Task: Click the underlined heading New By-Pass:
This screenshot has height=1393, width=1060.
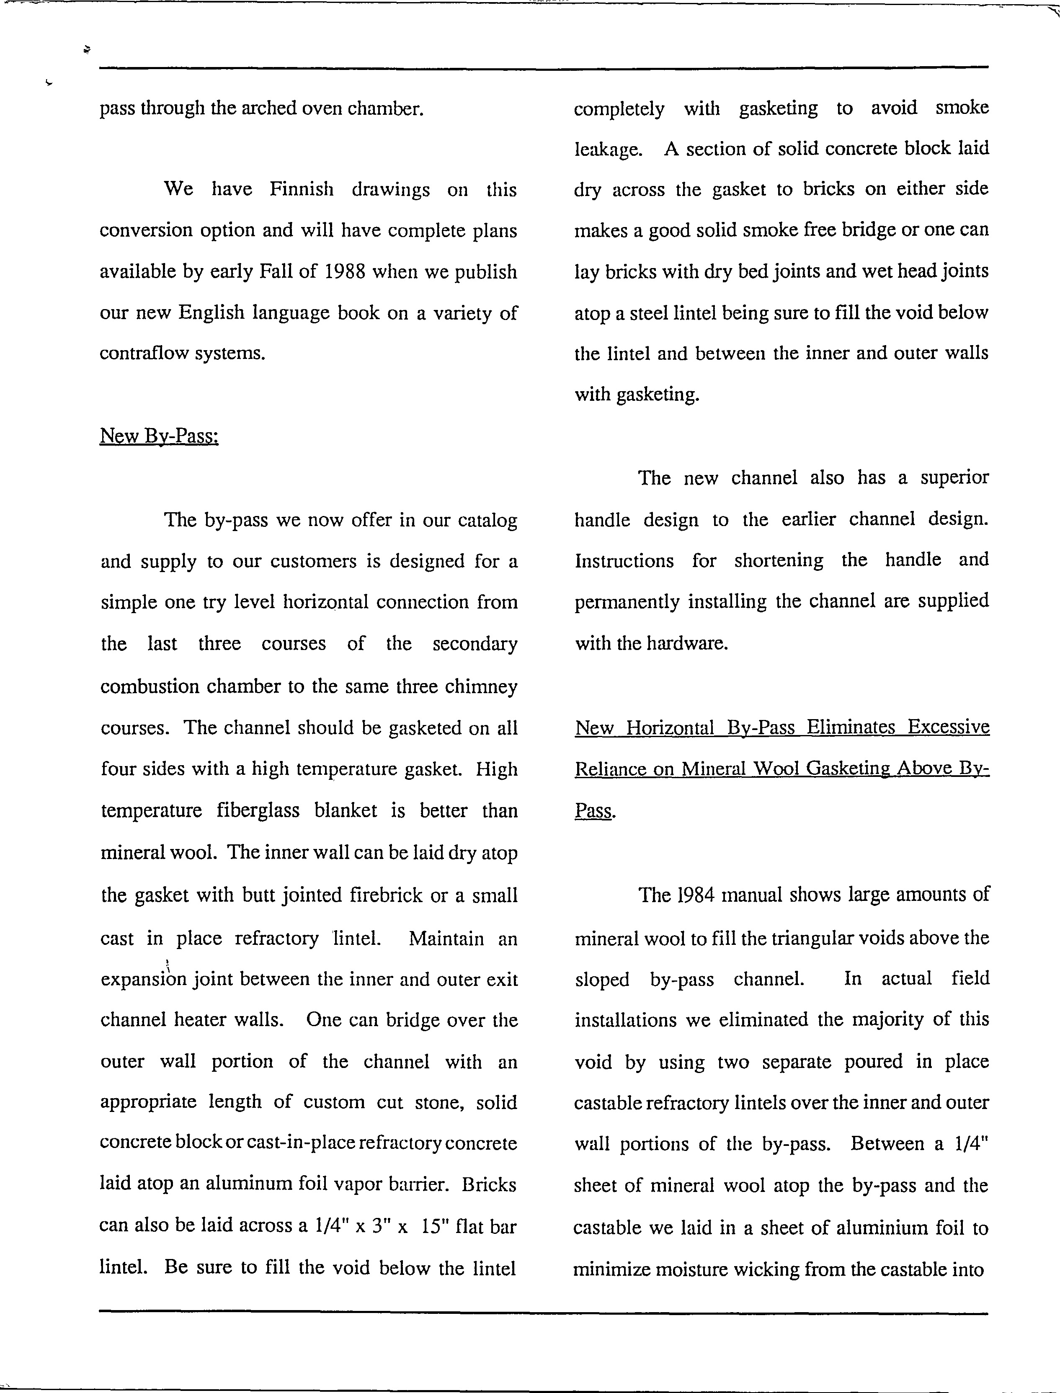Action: [x=159, y=436]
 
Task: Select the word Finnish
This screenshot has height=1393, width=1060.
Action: [x=301, y=189]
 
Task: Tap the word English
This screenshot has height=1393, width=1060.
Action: [x=211, y=313]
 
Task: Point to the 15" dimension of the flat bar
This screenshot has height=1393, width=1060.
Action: [x=435, y=1226]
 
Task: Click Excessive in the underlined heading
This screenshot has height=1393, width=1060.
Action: [x=948, y=727]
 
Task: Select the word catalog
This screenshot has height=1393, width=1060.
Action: [x=487, y=521]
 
